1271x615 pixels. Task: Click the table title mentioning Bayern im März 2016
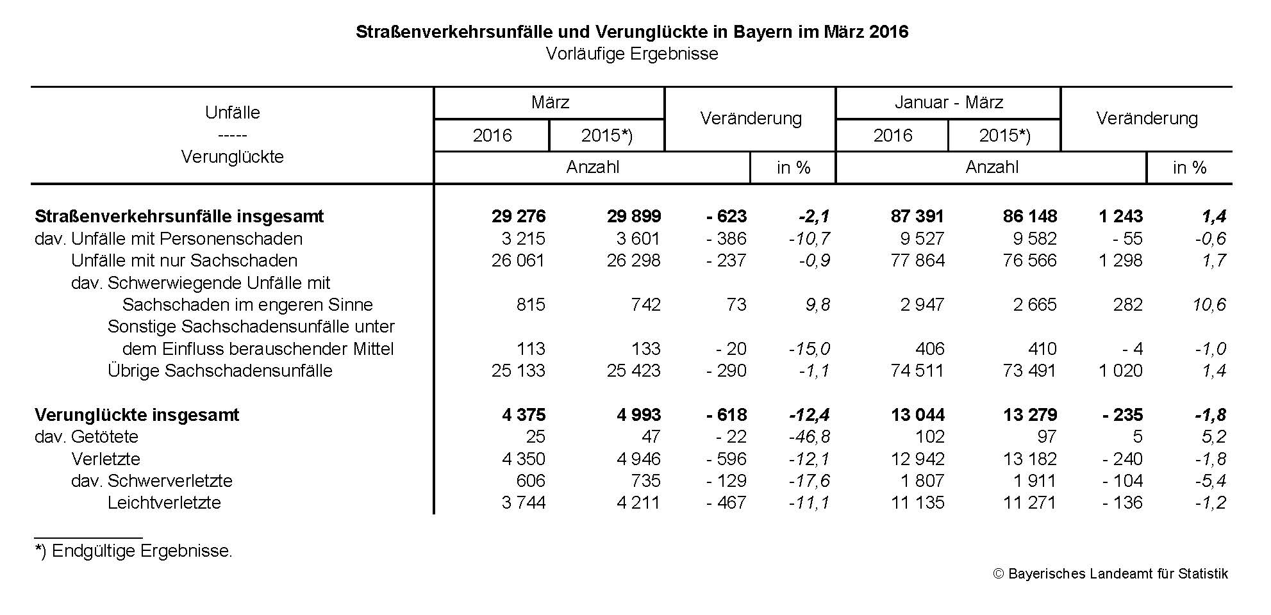[x=632, y=32]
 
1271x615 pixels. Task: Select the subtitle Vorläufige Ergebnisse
[x=632, y=54]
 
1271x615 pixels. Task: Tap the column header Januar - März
[x=949, y=102]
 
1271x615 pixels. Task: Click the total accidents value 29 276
[x=519, y=217]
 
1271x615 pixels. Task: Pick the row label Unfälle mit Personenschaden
[x=187, y=239]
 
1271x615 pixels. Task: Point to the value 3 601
[x=638, y=239]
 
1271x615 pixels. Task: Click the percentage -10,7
[x=810, y=239]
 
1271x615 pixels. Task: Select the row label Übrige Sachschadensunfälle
[x=220, y=371]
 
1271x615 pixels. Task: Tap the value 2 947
[x=922, y=305]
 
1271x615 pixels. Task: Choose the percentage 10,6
[x=1209, y=305]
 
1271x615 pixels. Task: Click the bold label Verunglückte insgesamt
[x=137, y=415]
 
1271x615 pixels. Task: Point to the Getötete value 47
[x=651, y=437]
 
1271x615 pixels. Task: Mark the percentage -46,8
[x=810, y=437]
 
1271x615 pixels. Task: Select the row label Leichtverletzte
[x=164, y=503]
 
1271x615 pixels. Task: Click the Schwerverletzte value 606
[x=531, y=481]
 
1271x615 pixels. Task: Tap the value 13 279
[x=1030, y=415]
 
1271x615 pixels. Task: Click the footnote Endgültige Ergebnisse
[x=142, y=551]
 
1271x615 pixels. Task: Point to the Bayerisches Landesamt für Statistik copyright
[x=1111, y=574]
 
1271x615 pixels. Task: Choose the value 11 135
[x=918, y=503]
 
